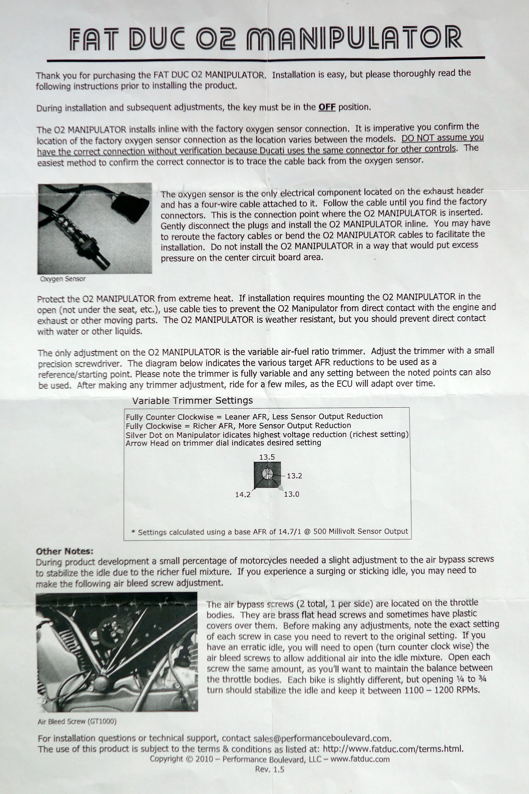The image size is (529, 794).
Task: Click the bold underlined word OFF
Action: coord(327,107)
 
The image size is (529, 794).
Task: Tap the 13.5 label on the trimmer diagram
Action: coord(267,457)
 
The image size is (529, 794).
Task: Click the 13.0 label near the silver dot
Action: coord(291,494)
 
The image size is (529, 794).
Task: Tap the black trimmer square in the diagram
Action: coord(267,475)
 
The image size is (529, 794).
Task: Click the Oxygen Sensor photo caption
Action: coord(63,279)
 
